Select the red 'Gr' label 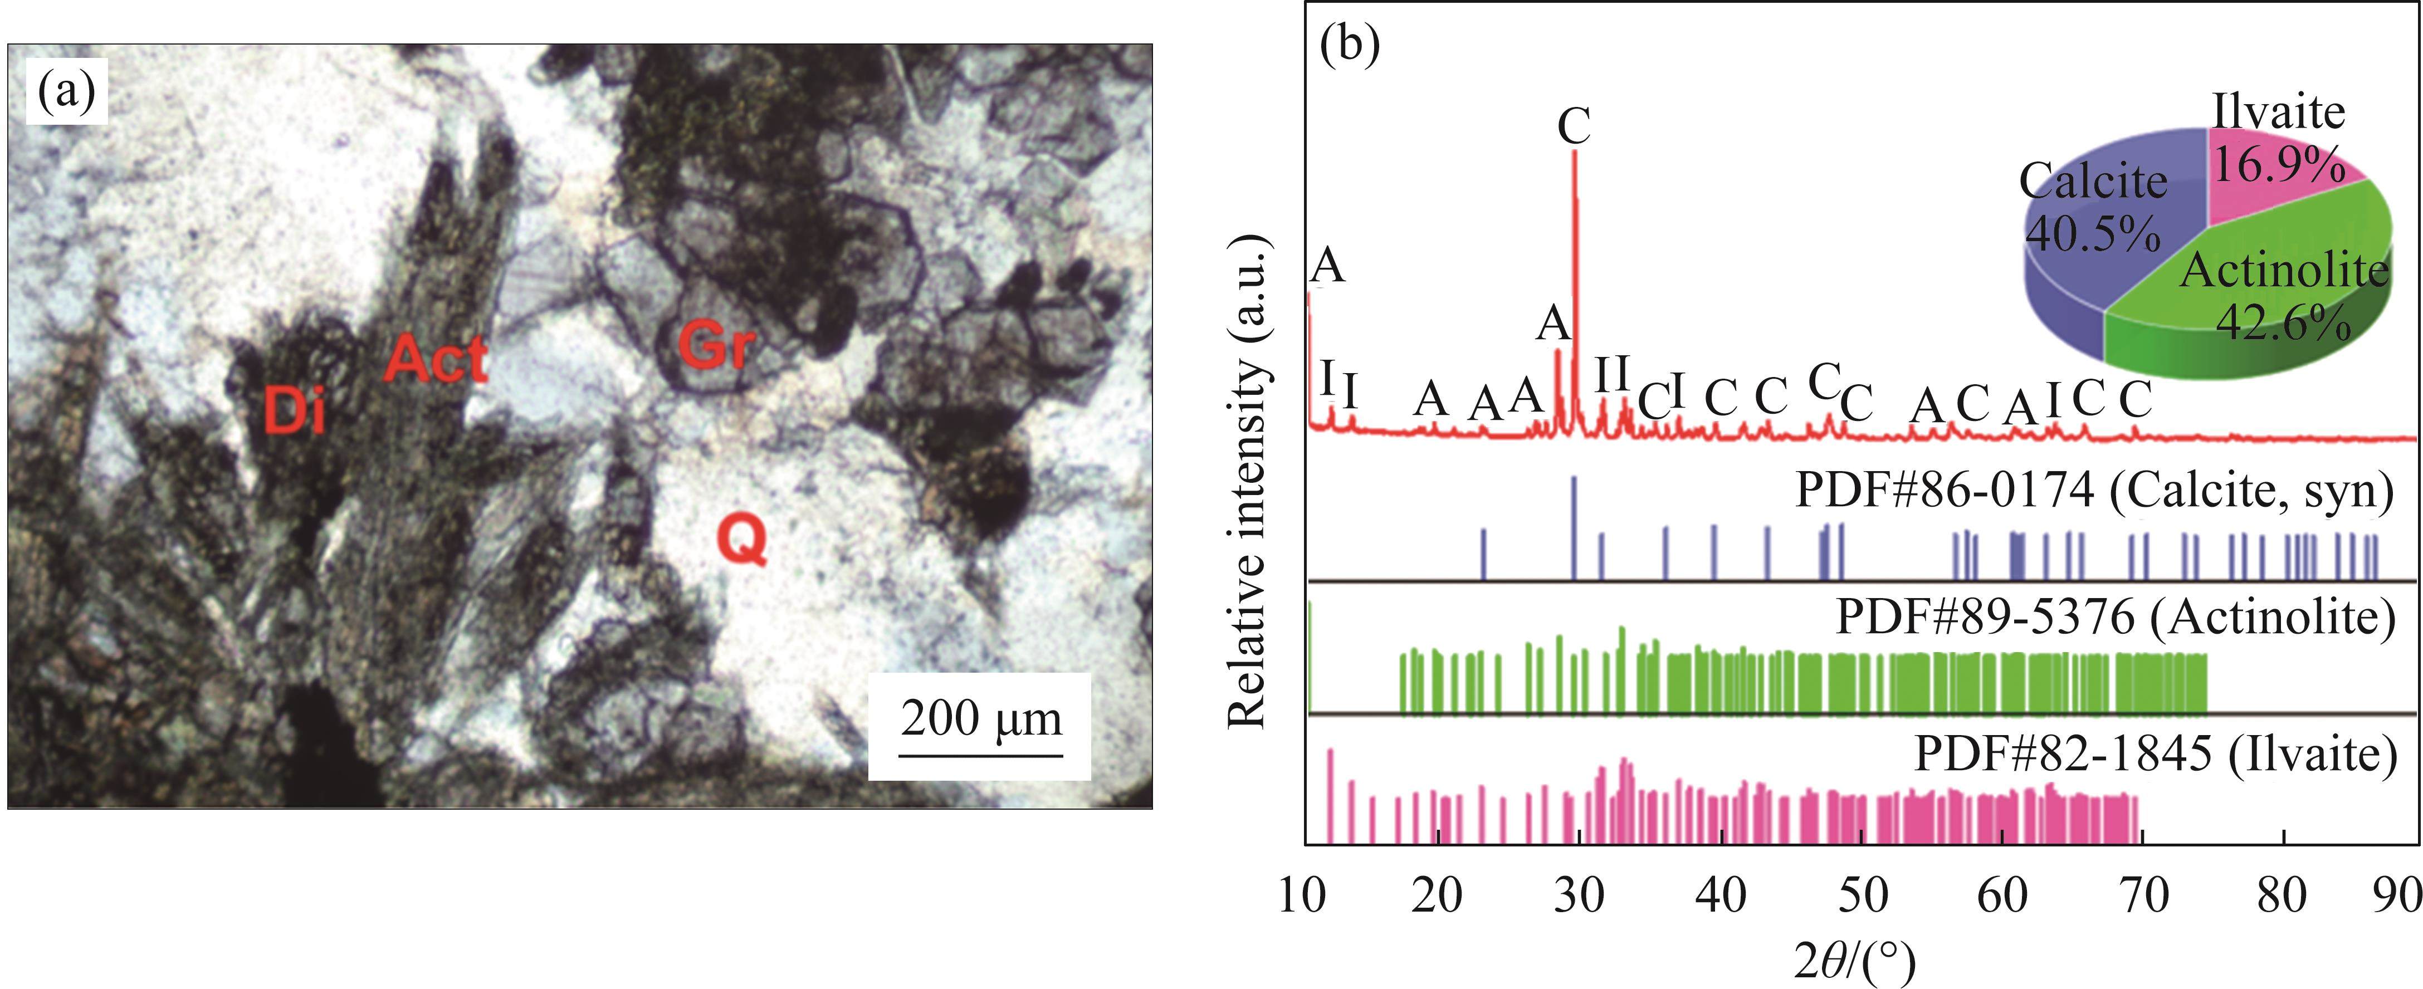pyautogui.click(x=716, y=347)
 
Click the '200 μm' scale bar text pyautogui.click(x=981, y=719)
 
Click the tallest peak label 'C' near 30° pyautogui.click(x=1574, y=127)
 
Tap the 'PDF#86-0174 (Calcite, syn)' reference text pyautogui.click(x=2094, y=490)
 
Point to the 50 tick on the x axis pyautogui.click(x=1863, y=896)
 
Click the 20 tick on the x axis pyautogui.click(x=1437, y=896)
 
